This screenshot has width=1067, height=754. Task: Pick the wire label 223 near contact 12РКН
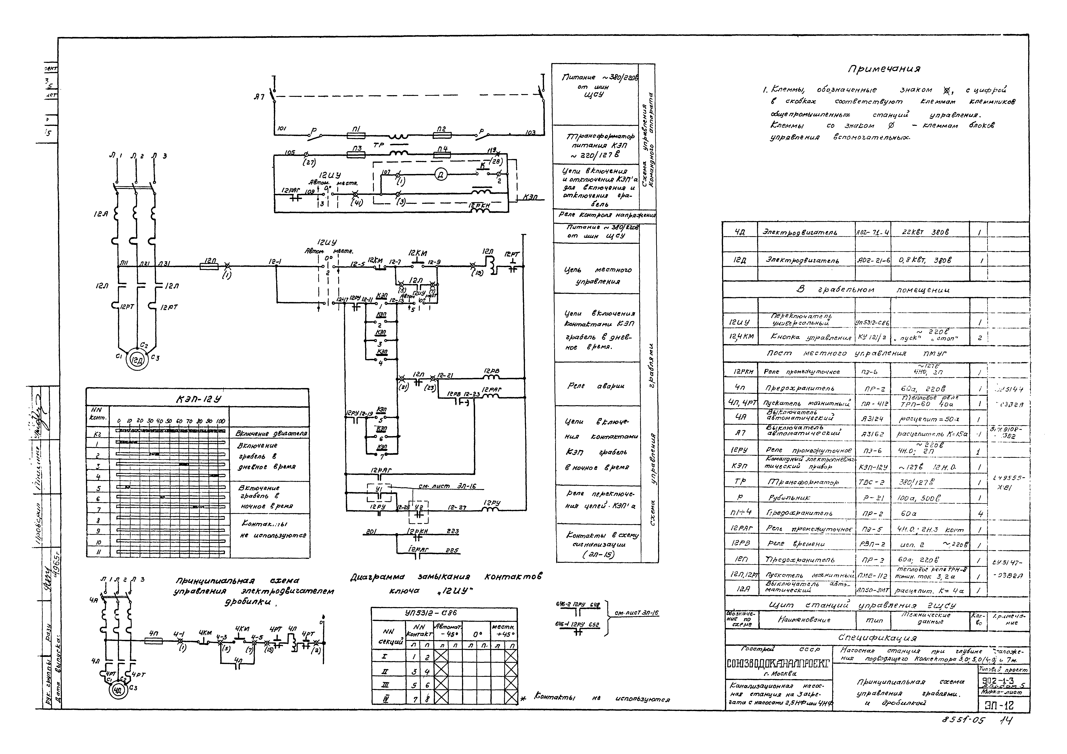(452, 531)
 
